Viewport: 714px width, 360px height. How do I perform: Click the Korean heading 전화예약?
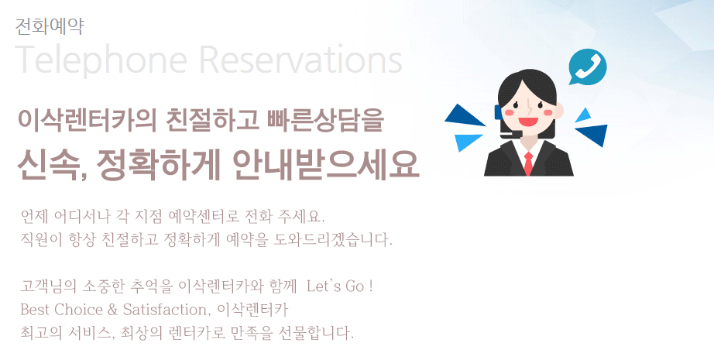pos(50,26)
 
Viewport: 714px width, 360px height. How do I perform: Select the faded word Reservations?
pos(300,59)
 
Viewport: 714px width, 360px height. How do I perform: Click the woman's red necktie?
pos(528,163)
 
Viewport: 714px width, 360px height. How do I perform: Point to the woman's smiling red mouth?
pos(528,122)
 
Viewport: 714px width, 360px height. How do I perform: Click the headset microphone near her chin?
pos(511,134)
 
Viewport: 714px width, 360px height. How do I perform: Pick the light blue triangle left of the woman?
pos(468,142)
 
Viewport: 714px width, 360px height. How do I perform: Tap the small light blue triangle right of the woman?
pos(584,115)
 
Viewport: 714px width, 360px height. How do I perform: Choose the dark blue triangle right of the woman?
pos(593,134)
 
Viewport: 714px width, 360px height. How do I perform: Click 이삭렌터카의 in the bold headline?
pos(87,120)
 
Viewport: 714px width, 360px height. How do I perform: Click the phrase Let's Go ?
pos(340,286)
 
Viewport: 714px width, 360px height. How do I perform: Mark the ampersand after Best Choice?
pos(112,310)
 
